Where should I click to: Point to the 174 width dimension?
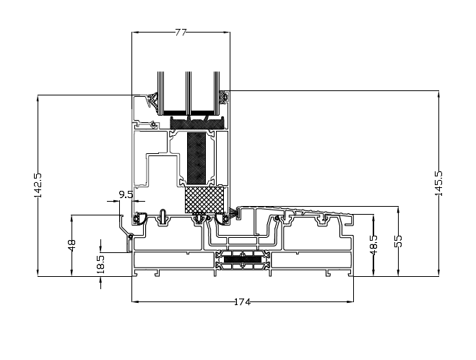(x=242, y=301)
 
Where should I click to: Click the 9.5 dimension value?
(x=125, y=194)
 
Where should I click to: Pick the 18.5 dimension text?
(x=100, y=263)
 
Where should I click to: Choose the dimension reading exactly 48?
(x=71, y=246)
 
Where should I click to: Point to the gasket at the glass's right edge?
(x=225, y=97)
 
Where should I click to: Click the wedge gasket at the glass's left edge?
(x=152, y=100)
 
